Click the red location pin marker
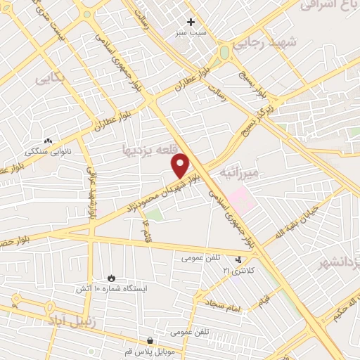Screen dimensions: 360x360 point(181,165)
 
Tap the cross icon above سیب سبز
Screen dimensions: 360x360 point(191,22)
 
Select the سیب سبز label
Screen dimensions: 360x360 point(191,34)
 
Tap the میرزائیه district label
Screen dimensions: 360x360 point(239,172)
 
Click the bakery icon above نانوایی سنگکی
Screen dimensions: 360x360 point(48,141)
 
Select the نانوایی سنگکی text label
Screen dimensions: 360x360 point(48,151)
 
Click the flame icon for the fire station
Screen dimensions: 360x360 point(110,278)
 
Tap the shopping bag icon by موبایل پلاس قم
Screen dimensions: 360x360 point(150,340)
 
